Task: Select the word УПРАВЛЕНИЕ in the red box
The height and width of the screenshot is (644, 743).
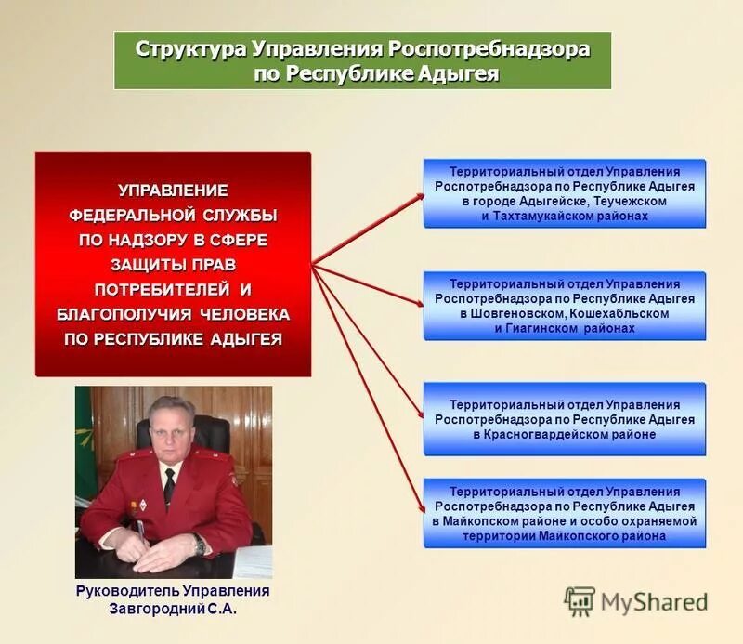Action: click(173, 191)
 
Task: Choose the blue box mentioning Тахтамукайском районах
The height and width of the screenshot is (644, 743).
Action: click(565, 193)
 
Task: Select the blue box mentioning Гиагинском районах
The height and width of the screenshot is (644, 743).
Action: click(565, 306)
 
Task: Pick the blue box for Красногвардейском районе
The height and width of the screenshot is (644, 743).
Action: click(565, 419)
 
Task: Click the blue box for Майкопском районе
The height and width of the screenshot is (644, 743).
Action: click(565, 514)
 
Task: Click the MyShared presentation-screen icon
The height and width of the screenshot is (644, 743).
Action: click(580, 602)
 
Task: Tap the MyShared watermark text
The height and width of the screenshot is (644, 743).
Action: click(654, 602)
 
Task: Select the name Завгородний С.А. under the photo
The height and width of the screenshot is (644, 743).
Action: click(172, 611)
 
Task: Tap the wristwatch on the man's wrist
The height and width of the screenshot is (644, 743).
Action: click(200, 545)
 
